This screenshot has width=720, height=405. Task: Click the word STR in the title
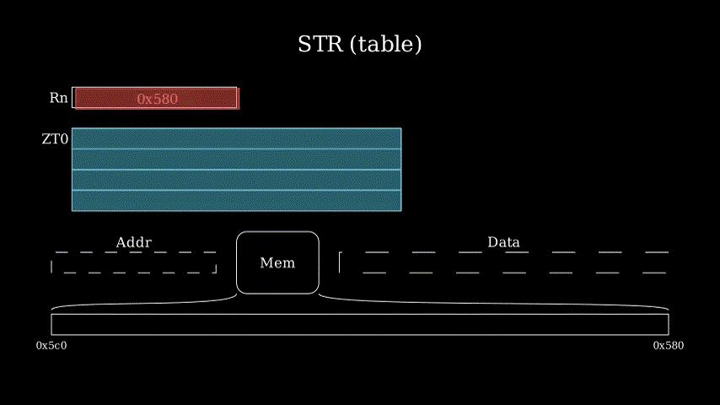(x=320, y=44)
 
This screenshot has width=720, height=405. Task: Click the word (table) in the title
(x=385, y=45)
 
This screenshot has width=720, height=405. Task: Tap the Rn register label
(x=58, y=98)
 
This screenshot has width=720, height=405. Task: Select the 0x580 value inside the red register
(x=157, y=99)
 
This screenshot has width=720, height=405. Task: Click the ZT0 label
(x=55, y=139)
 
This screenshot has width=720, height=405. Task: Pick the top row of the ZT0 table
(x=236, y=138)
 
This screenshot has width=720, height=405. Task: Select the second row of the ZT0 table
(x=236, y=159)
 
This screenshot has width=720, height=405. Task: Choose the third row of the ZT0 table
(x=236, y=180)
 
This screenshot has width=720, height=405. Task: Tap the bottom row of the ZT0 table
(x=236, y=201)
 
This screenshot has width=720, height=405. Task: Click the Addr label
(x=133, y=242)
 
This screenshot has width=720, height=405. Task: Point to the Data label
(x=503, y=242)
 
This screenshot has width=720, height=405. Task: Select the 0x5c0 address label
(x=51, y=346)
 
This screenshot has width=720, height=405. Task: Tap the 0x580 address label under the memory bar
(x=668, y=346)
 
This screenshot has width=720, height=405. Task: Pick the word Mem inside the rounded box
(x=277, y=263)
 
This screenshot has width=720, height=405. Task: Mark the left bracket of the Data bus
(x=340, y=262)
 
